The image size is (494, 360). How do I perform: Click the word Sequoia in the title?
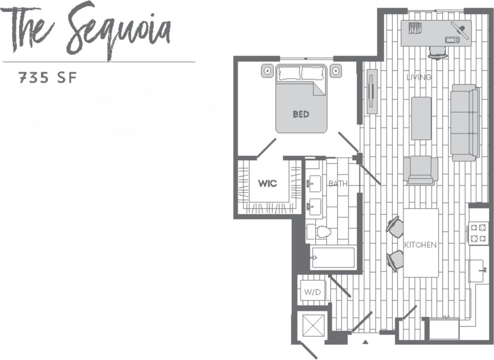pos(119,31)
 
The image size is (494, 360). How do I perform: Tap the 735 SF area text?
pos(48,78)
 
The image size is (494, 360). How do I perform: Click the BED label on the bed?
pos(301,114)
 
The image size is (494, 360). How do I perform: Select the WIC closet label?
pos(267,184)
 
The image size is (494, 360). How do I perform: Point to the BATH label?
pos(338,184)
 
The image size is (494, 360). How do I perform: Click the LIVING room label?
pos(419,77)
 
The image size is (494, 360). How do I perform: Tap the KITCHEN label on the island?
pos(420,245)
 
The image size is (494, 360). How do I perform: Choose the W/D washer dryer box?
pos(312,292)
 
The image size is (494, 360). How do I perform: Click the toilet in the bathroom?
pos(322,232)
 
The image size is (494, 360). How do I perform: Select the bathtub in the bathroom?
pos(333,258)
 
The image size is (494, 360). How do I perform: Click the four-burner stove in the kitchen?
pos(478,233)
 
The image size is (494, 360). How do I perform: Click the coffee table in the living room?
pos(421,118)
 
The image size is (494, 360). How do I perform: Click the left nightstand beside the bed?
pos(267,71)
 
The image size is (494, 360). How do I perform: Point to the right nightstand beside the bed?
pos(336,71)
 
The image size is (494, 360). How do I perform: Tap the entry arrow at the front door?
pos(365,341)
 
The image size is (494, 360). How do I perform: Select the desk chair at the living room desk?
pos(438,52)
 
